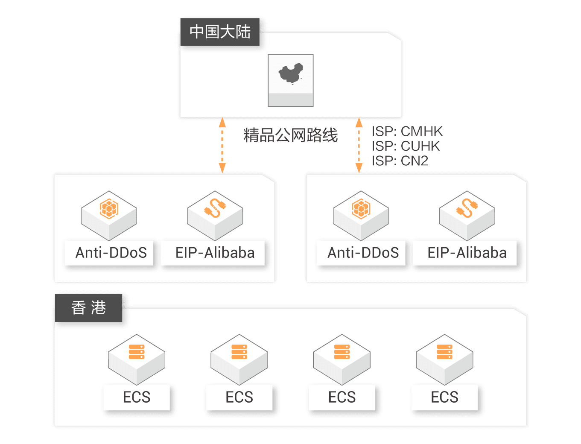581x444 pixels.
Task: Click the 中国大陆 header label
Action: tap(220, 32)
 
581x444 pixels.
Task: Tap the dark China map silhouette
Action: tap(291, 73)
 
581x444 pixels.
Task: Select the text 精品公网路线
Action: tap(290, 135)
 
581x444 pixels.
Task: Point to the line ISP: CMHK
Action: tap(407, 131)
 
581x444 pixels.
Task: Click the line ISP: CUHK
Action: tap(406, 146)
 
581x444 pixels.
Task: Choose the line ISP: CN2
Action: tap(400, 161)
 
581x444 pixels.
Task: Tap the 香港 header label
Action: tap(88, 308)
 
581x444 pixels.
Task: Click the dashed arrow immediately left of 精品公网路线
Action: tap(222, 145)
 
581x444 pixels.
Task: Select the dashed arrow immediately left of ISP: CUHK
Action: tap(359, 145)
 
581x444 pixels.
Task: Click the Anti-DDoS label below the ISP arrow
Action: tap(363, 253)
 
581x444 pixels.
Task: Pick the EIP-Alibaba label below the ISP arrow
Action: tap(467, 253)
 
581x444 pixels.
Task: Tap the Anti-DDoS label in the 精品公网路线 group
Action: tap(111, 253)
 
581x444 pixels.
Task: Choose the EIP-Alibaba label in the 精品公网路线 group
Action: tap(215, 253)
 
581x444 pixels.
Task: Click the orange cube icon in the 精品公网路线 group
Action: tap(109, 209)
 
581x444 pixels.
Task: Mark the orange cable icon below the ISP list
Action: tap(467, 208)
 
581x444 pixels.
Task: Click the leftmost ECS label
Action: tap(137, 397)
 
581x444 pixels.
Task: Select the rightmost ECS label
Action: tap(444, 397)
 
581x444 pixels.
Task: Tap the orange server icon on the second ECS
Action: tap(239, 352)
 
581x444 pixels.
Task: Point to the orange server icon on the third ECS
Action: tap(342, 352)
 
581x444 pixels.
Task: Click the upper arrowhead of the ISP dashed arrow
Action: tap(359, 122)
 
